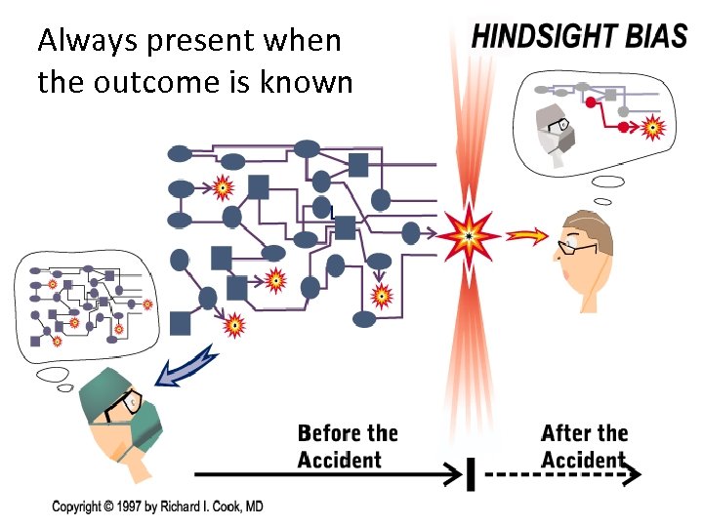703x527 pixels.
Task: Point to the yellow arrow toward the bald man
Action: (x=528, y=235)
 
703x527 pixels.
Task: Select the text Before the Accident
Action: (x=348, y=446)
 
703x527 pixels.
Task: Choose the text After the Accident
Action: (x=585, y=446)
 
